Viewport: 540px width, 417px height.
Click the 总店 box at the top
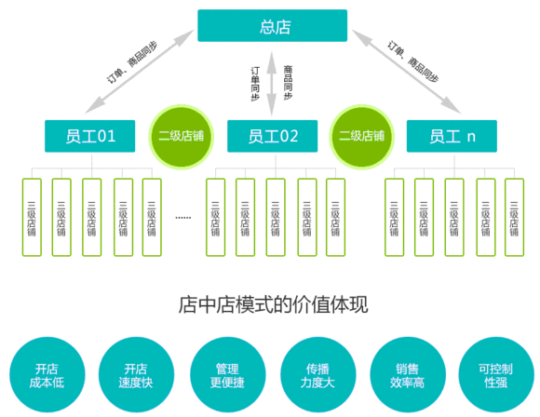(x=272, y=26)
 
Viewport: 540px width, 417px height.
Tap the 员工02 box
(x=273, y=136)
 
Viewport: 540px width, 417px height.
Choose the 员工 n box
(x=452, y=136)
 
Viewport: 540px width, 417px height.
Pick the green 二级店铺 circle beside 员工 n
(x=362, y=136)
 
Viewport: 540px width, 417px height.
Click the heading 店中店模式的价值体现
(x=270, y=305)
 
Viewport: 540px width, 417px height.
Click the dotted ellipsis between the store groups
(x=182, y=217)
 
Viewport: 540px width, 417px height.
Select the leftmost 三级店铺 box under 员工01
(x=32, y=217)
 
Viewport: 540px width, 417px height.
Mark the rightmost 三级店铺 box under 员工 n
(x=515, y=217)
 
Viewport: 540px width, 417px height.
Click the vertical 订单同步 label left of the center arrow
(x=255, y=82)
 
